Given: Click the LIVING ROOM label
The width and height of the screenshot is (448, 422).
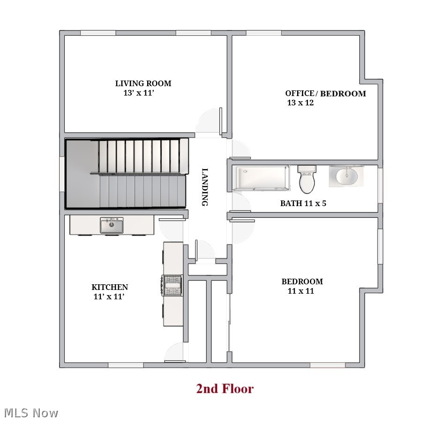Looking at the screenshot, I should pos(143,83).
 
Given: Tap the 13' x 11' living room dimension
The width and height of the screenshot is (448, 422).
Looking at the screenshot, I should pos(139,93).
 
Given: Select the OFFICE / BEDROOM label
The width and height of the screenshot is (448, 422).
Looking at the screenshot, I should pos(325,93).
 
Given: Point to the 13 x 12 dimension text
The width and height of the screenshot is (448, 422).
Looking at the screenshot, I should pos(300,103).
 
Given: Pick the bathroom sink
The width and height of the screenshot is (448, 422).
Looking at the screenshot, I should pos(346,177).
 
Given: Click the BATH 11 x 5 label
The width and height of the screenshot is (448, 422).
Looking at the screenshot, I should pos(303,203).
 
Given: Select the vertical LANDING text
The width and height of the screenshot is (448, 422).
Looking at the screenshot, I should pos(205,187).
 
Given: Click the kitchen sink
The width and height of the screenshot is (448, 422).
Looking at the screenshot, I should pos(112,225).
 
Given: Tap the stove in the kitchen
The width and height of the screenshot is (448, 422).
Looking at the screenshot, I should pos(172,285).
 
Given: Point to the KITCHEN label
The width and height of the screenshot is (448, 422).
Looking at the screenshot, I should pos(110,287).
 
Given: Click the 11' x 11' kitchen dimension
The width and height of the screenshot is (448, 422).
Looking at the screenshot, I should pos(109,296).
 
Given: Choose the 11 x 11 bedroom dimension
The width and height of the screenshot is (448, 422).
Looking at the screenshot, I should pos(300,291).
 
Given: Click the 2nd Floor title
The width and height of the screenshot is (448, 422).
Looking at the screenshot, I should pos(224,388).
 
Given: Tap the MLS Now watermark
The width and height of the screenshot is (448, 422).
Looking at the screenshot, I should pos(31,413).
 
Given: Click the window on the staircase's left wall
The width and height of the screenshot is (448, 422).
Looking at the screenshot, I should pos(62,174).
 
